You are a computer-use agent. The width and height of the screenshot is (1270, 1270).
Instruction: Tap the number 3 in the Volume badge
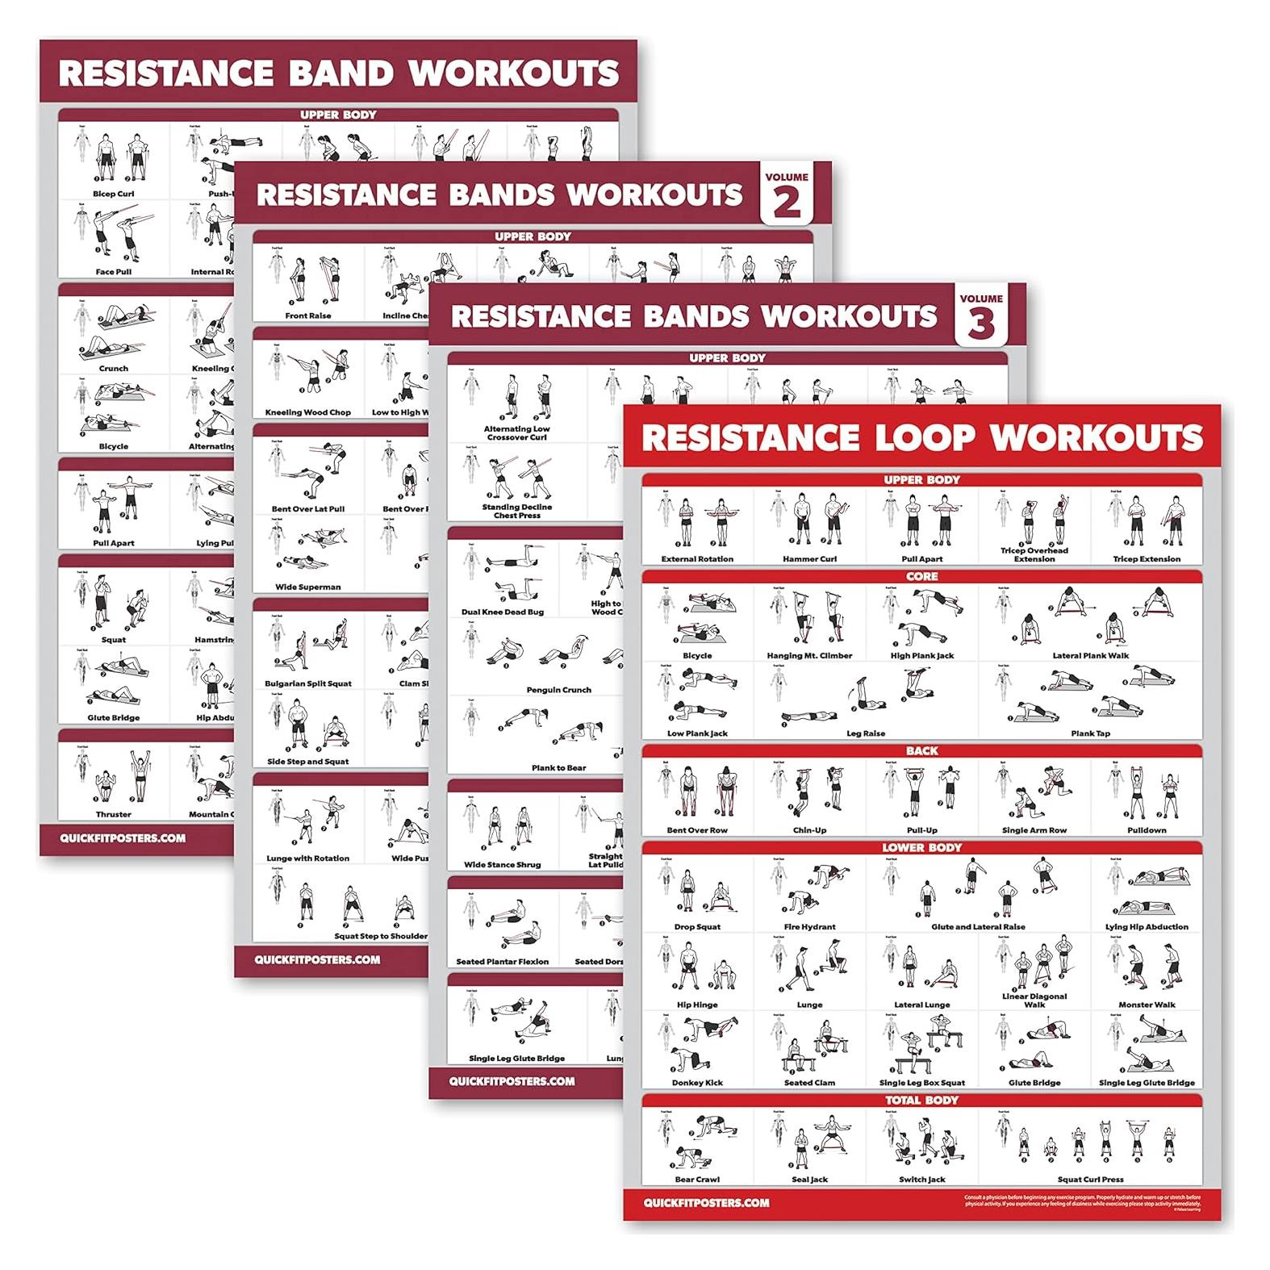[981, 324]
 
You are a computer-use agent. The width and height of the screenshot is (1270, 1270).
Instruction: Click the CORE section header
[921, 576]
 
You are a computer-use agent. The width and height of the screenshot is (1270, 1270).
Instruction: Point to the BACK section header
[921, 750]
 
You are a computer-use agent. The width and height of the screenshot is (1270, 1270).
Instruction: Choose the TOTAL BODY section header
[921, 1100]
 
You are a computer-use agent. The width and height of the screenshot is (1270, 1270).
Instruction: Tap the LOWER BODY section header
[921, 847]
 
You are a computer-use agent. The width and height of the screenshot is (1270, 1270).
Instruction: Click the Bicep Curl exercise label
[114, 194]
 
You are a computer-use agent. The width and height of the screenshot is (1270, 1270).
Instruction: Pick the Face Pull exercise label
[114, 272]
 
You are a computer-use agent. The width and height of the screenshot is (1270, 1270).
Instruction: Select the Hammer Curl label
[809, 558]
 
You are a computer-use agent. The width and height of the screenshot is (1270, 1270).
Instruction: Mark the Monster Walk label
[1147, 1005]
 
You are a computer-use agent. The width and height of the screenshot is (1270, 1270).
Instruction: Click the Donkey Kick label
[697, 1083]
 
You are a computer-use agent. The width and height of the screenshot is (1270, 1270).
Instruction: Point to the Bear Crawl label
[697, 1179]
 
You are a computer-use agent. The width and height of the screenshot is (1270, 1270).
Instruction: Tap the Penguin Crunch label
[558, 690]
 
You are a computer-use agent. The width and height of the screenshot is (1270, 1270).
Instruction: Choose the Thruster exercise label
[114, 814]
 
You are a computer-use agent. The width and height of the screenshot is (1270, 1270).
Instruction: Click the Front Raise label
[307, 315]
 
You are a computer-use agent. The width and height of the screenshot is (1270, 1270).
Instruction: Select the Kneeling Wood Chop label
[307, 412]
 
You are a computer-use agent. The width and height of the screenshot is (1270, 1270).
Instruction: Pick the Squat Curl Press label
[1090, 1179]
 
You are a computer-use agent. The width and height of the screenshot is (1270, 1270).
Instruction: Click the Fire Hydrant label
[809, 926]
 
